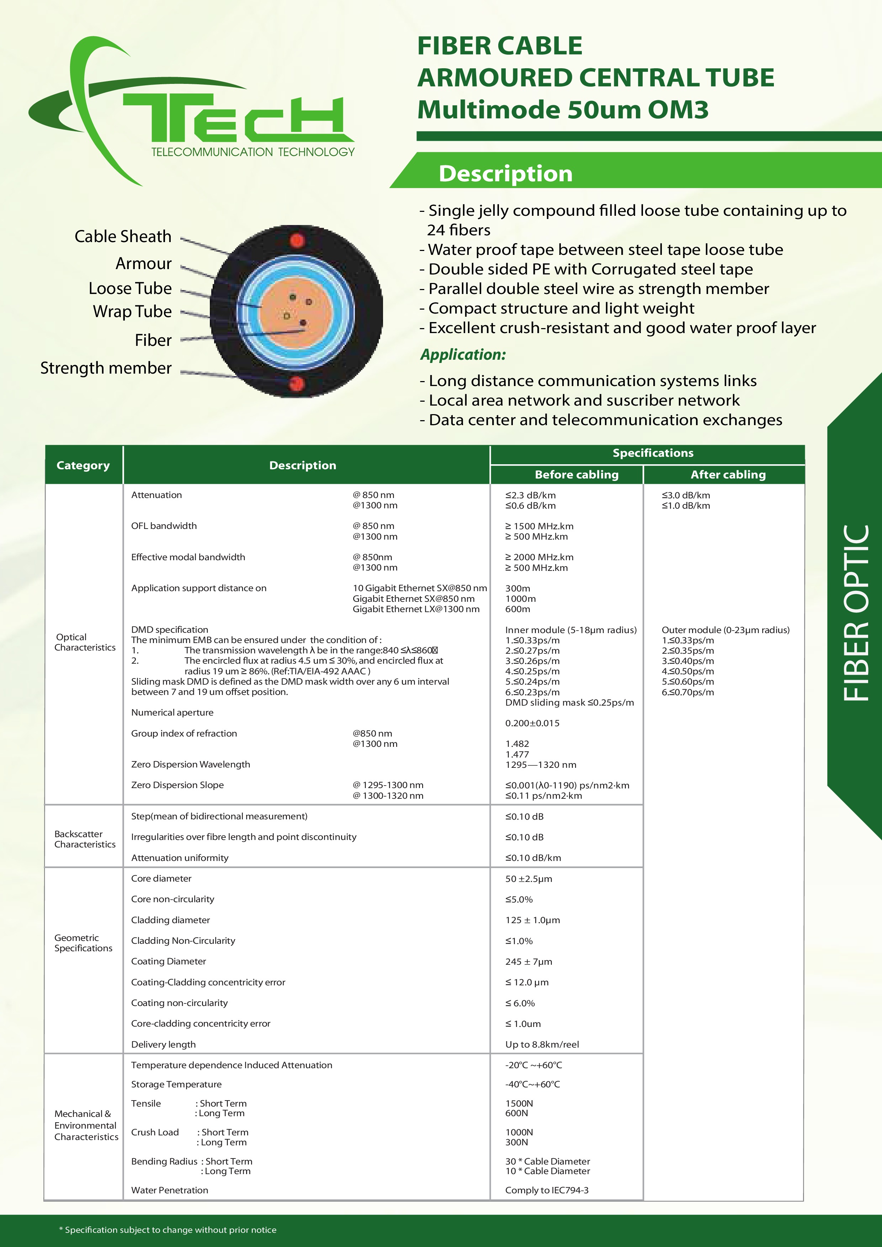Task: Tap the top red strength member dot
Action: click(x=297, y=240)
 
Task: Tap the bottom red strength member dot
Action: click(x=296, y=384)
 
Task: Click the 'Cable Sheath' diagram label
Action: click(x=123, y=237)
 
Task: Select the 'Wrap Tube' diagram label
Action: click(x=132, y=312)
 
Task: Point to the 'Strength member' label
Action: click(x=106, y=368)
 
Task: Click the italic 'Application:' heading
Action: click(x=463, y=355)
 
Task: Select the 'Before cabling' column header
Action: click(x=577, y=475)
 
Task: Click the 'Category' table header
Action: click(x=83, y=465)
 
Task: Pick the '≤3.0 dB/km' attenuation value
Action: click(x=686, y=495)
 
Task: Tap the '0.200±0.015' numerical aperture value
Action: click(x=532, y=723)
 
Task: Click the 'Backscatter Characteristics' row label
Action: click(x=85, y=839)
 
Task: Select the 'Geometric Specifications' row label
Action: click(x=83, y=943)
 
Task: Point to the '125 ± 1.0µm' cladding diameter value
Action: click(x=532, y=920)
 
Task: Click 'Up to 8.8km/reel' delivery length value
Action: click(x=542, y=1044)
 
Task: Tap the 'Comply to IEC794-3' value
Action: click(x=547, y=1190)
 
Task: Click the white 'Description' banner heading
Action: click(x=505, y=174)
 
